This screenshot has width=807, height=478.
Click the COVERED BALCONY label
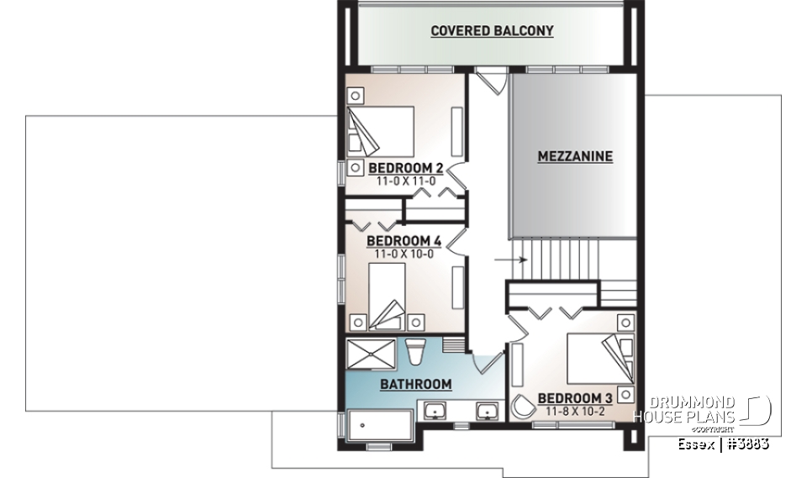(492, 31)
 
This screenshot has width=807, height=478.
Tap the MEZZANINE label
(575, 156)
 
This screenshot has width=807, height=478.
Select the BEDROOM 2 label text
(406, 168)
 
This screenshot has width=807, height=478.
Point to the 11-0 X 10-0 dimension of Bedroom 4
(404, 252)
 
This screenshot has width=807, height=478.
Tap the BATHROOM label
(415, 385)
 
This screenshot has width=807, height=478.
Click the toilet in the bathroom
(415, 350)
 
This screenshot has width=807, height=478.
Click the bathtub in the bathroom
(376, 425)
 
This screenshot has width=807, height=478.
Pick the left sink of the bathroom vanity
(436, 412)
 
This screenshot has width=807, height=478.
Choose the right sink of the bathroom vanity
(486, 412)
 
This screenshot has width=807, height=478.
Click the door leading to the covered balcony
(489, 83)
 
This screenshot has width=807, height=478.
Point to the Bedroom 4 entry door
(455, 240)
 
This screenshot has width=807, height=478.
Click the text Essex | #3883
(723, 443)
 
